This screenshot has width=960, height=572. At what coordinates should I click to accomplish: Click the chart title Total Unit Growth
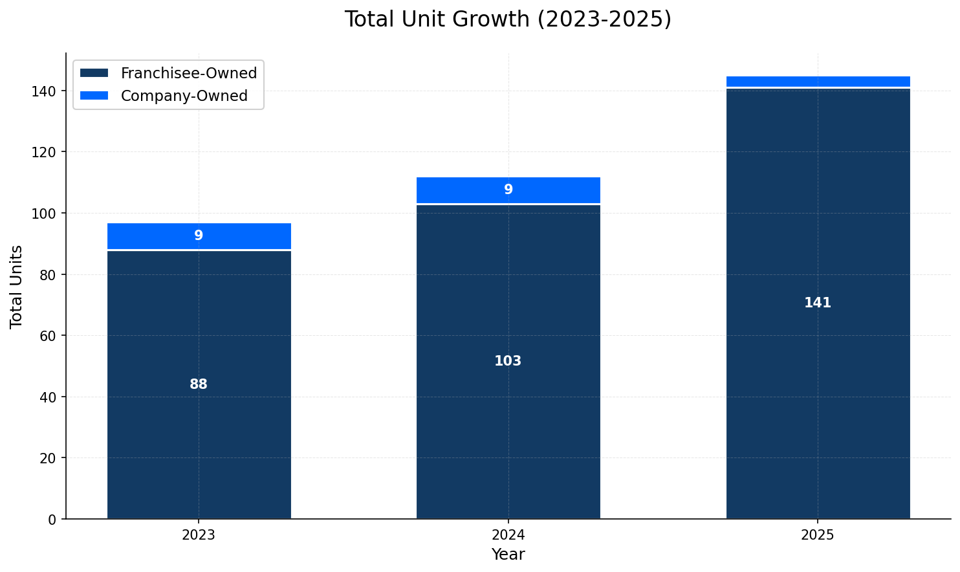508,19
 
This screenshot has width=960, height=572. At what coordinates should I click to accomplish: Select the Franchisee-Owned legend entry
188,73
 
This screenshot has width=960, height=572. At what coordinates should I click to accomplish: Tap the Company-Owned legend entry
184,96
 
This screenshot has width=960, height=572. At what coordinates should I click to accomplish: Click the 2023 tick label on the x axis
199,535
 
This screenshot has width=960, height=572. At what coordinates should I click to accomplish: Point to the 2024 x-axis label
508,535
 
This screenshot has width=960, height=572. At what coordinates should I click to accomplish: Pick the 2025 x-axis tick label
818,535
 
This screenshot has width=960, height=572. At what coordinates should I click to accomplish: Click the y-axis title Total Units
17,286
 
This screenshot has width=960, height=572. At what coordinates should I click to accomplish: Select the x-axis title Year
508,555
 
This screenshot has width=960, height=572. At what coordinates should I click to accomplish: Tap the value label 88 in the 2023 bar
199,384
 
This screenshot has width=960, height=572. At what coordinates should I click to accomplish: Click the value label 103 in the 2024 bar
508,361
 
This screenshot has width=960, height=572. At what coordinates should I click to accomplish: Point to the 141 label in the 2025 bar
818,303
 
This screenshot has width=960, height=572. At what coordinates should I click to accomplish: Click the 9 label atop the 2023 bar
199,236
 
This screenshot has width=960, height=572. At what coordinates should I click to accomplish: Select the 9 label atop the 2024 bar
508,190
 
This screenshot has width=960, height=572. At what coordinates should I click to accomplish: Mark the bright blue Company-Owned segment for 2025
818,82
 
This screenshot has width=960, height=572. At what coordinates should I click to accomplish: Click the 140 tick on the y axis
47,91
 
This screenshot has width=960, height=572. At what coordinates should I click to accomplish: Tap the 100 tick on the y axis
47,214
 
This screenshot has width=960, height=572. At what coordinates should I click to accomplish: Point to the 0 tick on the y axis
52,519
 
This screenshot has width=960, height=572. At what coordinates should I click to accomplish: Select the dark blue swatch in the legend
94,73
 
